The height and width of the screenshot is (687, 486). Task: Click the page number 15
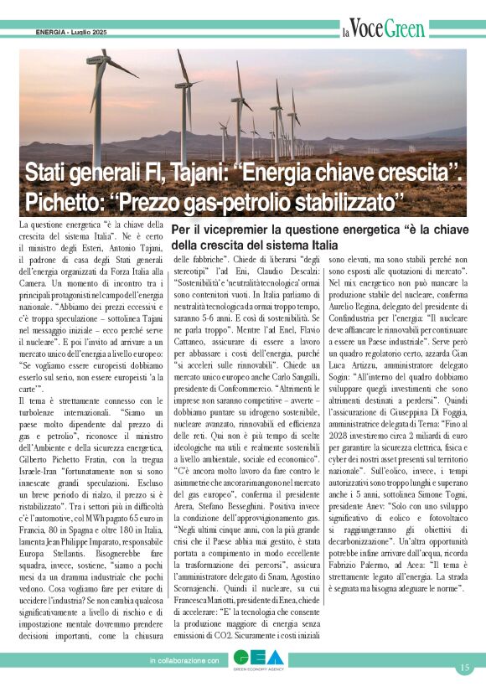[464, 668]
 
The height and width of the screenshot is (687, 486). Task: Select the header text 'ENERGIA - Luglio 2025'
[71, 33]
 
